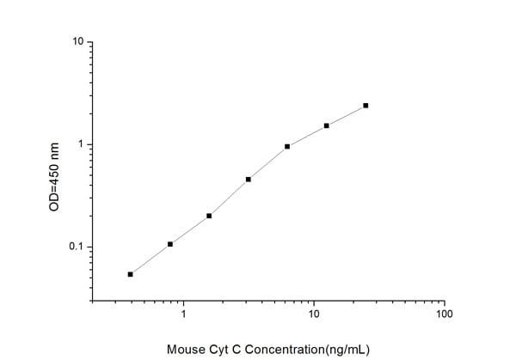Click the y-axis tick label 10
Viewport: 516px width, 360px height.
point(77,41)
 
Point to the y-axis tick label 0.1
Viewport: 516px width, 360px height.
point(76,247)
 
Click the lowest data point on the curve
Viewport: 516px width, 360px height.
point(131,274)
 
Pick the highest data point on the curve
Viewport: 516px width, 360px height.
point(365,106)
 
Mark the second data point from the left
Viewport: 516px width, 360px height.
point(170,244)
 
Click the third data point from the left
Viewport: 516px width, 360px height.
point(209,216)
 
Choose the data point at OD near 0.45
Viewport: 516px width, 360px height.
point(249,180)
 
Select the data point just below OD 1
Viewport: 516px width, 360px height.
point(287,146)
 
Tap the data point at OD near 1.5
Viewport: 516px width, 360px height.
point(327,125)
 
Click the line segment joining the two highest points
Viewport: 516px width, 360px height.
point(347,115)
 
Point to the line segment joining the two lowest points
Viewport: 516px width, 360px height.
point(150,259)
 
